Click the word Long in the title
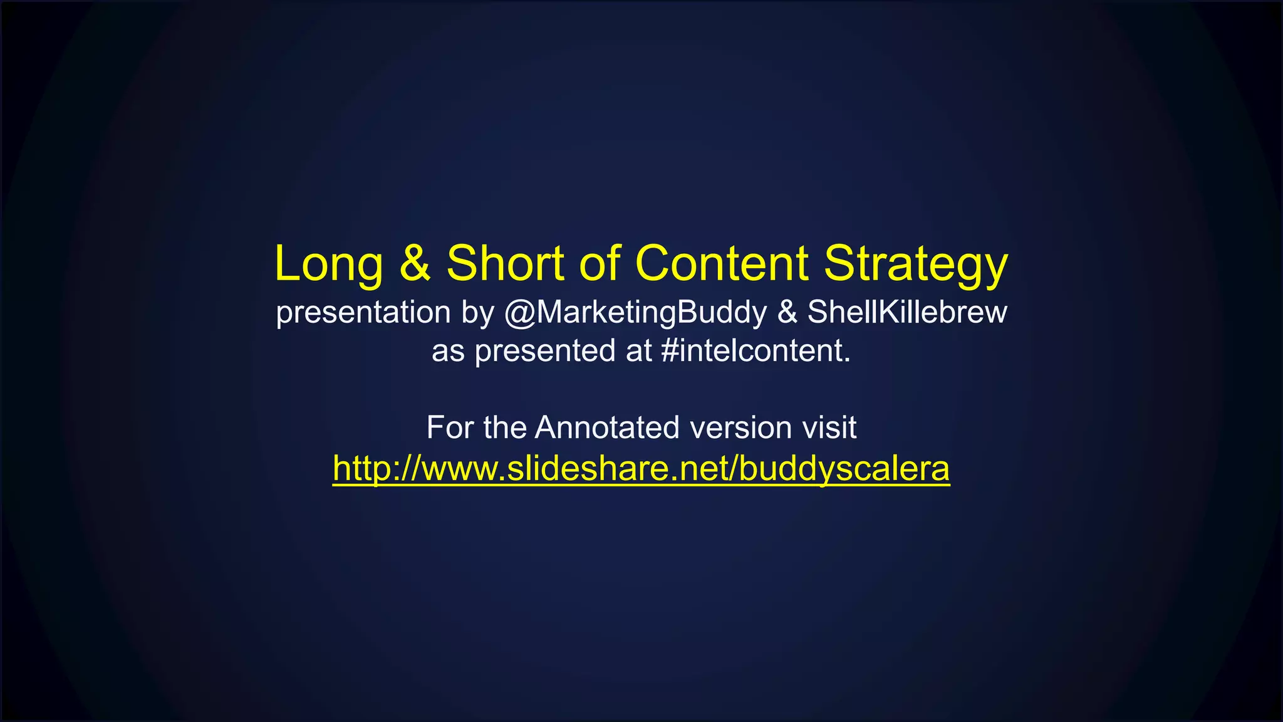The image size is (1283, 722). click(328, 264)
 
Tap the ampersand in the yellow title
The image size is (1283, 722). click(415, 263)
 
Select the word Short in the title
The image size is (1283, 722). click(505, 263)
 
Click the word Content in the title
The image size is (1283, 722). click(722, 263)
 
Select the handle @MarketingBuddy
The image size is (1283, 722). click(635, 313)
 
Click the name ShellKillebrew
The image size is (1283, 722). click(906, 312)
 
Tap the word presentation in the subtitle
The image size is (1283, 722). click(363, 313)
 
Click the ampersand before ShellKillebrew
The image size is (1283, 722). click(787, 312)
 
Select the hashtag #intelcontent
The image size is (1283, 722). click(756, 350)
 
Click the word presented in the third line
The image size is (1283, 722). click(545, 351)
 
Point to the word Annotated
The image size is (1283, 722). click(606, 427)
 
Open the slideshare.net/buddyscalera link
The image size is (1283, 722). click(641, 468)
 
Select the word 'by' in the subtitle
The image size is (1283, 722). click(478, 313)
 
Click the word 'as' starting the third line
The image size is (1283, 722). click(448, 352)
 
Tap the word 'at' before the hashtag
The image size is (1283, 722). click(639, 351)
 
